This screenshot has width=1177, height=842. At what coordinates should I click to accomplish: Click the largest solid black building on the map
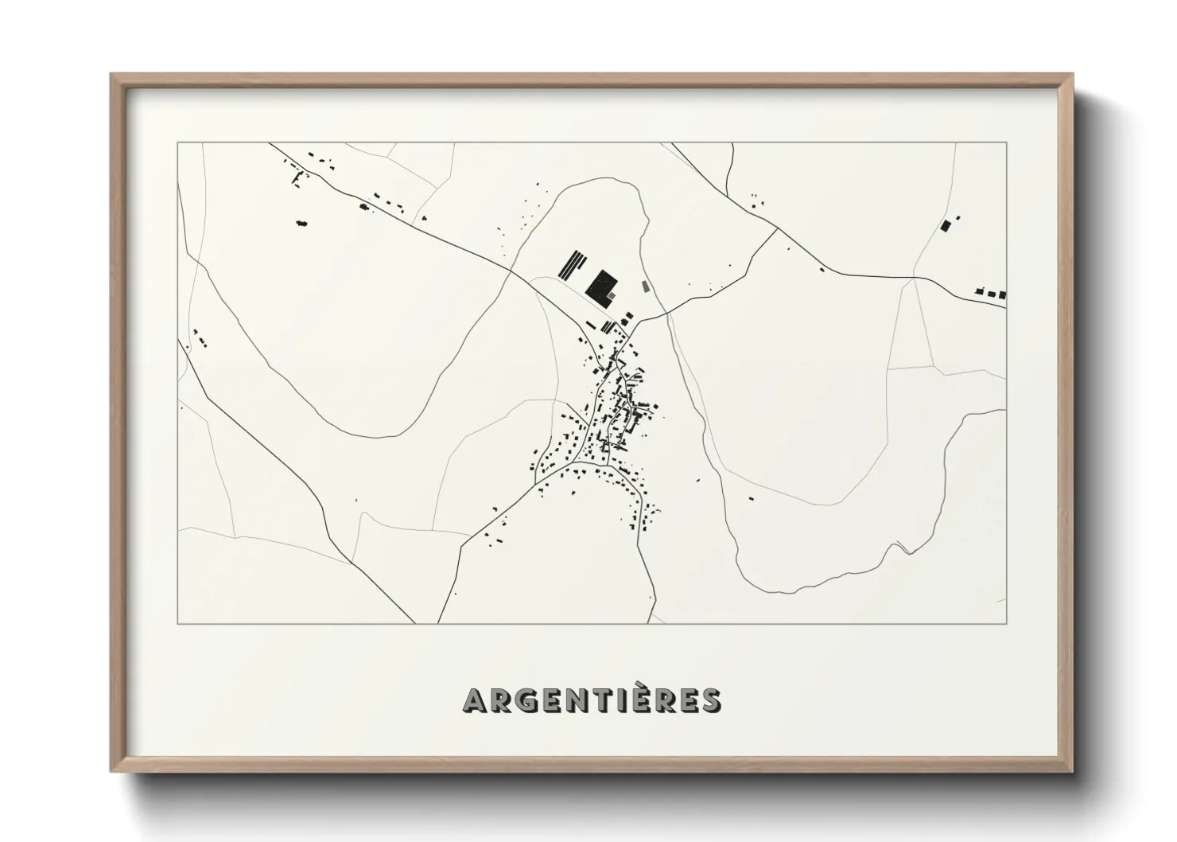click(x=601, y=286)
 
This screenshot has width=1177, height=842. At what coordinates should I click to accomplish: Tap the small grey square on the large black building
click(x=612, y=294)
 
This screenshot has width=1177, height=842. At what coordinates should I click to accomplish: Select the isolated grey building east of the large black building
click(x=646, y=285)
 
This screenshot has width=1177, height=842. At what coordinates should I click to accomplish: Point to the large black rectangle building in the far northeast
click(x=945, y=225)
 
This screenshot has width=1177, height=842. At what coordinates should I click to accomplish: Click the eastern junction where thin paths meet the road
click(x=915, y=278)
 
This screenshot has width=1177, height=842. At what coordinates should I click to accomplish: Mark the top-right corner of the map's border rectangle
click(x=1006, y=143)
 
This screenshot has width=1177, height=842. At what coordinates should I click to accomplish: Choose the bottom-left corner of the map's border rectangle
click(x=178, y=623)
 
